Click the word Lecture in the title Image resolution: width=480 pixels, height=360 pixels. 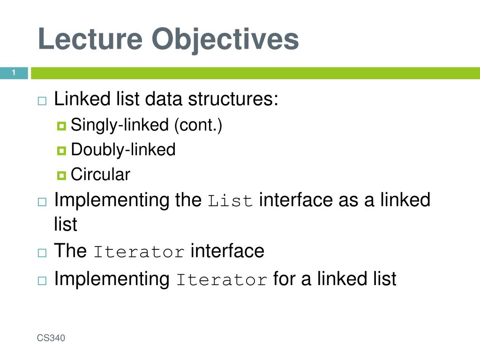90,38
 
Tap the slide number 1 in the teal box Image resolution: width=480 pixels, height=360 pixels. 14,73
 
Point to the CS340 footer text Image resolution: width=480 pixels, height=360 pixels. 51,338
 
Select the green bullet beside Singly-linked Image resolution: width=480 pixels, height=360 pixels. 61,126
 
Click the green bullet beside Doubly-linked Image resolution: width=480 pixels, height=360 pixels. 61,150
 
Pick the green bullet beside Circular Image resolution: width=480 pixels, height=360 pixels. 61,175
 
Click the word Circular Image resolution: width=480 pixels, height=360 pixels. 100,174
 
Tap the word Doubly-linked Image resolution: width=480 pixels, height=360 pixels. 123,150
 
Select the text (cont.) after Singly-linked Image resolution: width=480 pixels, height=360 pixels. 198,125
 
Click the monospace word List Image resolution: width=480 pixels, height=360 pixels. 230,201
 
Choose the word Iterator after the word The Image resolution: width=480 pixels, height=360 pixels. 139,252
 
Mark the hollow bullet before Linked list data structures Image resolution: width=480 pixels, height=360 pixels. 42,101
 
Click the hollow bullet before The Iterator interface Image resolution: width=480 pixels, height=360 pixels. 42,253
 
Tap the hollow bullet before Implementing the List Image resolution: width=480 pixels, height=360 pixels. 42,202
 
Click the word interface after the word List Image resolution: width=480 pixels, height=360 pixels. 296,200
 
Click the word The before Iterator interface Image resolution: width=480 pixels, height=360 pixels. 70,250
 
